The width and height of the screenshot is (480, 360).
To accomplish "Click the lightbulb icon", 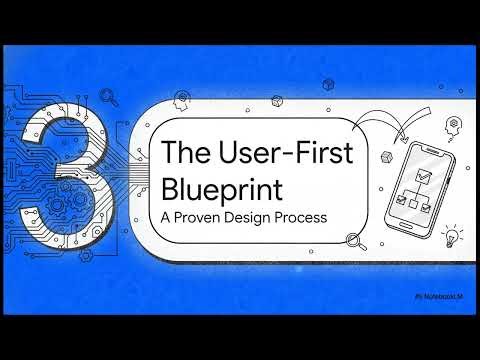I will point(452,237).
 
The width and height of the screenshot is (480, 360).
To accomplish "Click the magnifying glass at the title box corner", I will point(351,239).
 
